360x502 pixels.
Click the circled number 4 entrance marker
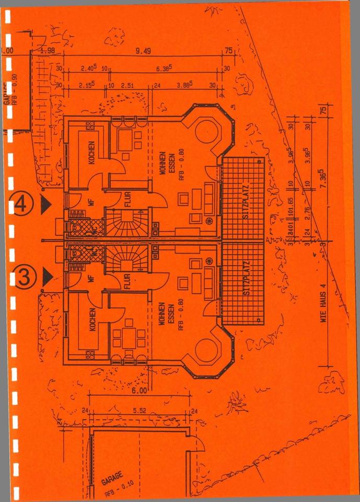click(22, 203)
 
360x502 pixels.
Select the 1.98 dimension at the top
click(48, 51)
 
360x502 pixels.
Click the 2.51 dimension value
click(128, 85)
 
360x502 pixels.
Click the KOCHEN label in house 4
click(91, 153)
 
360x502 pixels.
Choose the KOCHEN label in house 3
click(92, 320)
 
